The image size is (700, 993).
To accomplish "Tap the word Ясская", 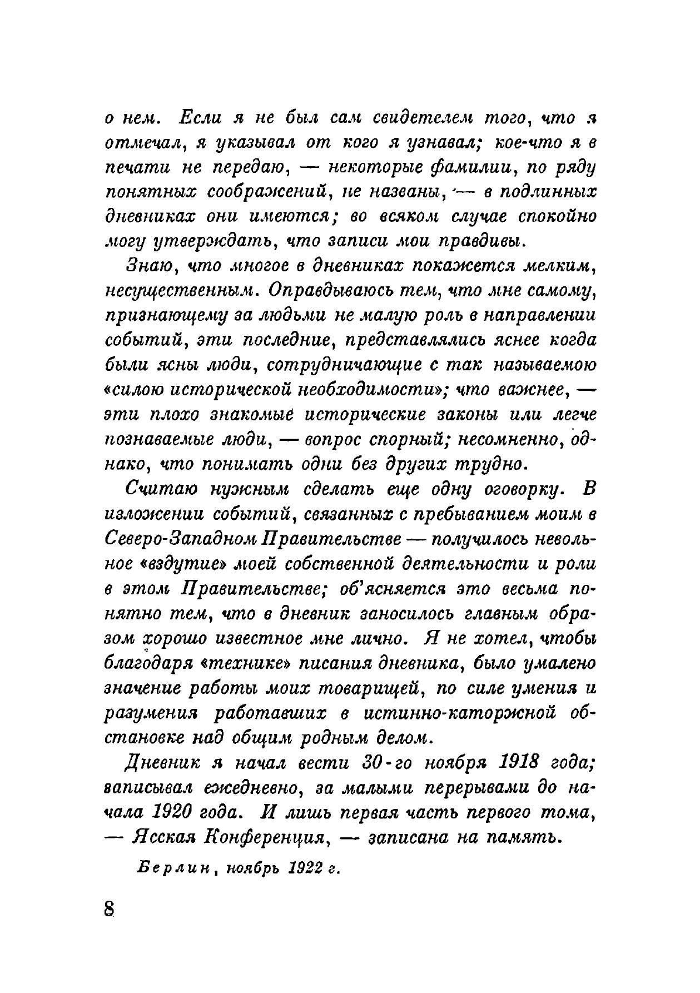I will pyautogui.click(x=160, y=836).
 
